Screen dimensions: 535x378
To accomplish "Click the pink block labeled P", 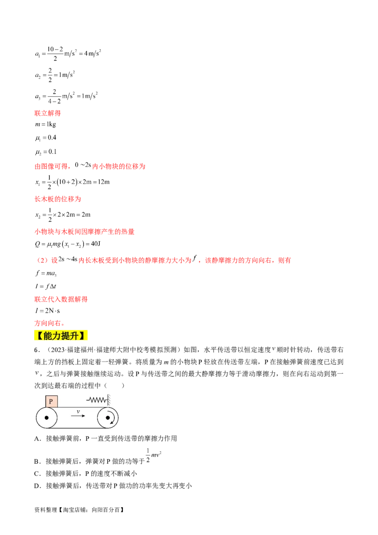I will click(x=51, y=401).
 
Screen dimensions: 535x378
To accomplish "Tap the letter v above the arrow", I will click(x=78, y=411).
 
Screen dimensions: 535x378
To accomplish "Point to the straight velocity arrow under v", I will click(x=78, y=416).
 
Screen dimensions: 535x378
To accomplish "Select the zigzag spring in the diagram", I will click(x=97, y=399).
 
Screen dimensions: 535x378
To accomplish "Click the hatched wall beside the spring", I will click(x=109, y=399).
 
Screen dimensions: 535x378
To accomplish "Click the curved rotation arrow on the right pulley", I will click(x=112, y=419).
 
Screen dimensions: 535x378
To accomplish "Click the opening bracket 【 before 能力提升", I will click(x=36, y=337).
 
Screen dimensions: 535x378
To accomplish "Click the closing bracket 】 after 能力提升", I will click(x=87, y=337).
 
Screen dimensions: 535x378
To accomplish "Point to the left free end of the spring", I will click(x=88, y=400).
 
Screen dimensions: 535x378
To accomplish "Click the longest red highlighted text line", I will click(x=163, y=260).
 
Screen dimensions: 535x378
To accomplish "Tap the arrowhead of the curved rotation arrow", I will click(x=112, y=423).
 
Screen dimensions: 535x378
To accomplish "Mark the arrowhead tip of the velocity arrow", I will click(x=85, y=416).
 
